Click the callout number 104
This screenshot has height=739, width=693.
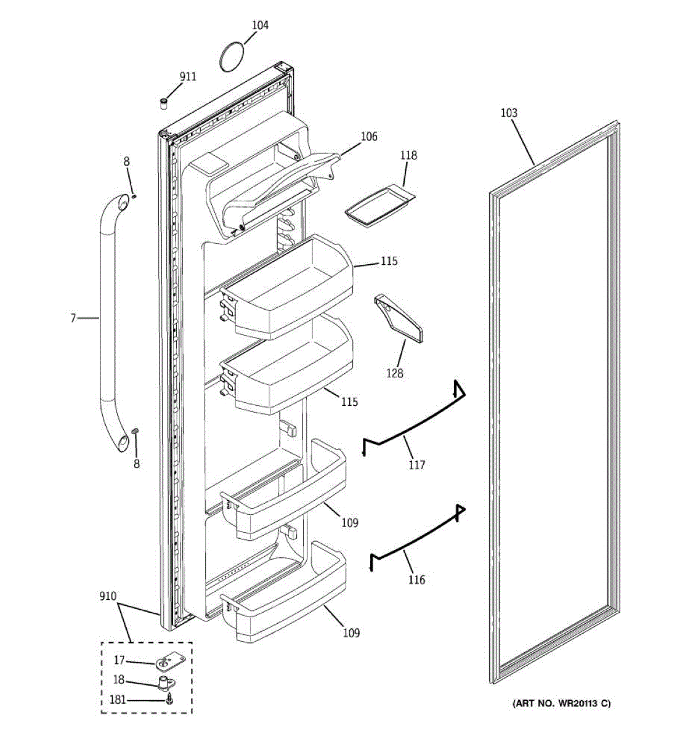pos(260,25)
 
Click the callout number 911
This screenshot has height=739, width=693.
pos(188,76)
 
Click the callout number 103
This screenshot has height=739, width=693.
pos(509,113)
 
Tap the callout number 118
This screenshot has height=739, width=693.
pos(408,155)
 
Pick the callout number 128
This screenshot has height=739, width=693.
pos(395,373)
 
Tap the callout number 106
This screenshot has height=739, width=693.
pos(369,137)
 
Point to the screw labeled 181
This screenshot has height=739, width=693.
pos(170,700)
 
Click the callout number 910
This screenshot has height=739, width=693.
pos(108,596)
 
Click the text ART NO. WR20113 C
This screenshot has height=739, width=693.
pos(562,703)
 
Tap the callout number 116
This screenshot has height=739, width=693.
pos(416,579)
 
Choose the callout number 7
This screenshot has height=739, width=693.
pos(73,318)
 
